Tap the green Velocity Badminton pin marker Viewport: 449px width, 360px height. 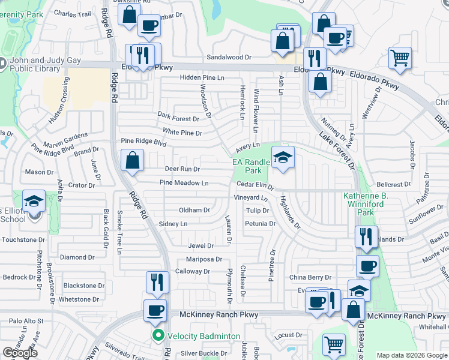point(158,335)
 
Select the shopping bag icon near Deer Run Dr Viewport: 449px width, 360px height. point(132,161)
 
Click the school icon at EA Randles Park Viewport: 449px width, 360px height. point(283,157)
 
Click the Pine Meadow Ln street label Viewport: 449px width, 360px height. point(184,183)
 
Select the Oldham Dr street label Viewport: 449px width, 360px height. point(194,211)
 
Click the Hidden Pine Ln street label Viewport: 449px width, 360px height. point(202,79)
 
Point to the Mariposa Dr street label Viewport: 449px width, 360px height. point(203,260)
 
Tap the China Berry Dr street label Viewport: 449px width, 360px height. point(310,278)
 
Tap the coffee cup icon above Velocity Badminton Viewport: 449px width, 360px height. point(155,310)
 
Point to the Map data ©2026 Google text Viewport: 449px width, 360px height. point(412,355)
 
